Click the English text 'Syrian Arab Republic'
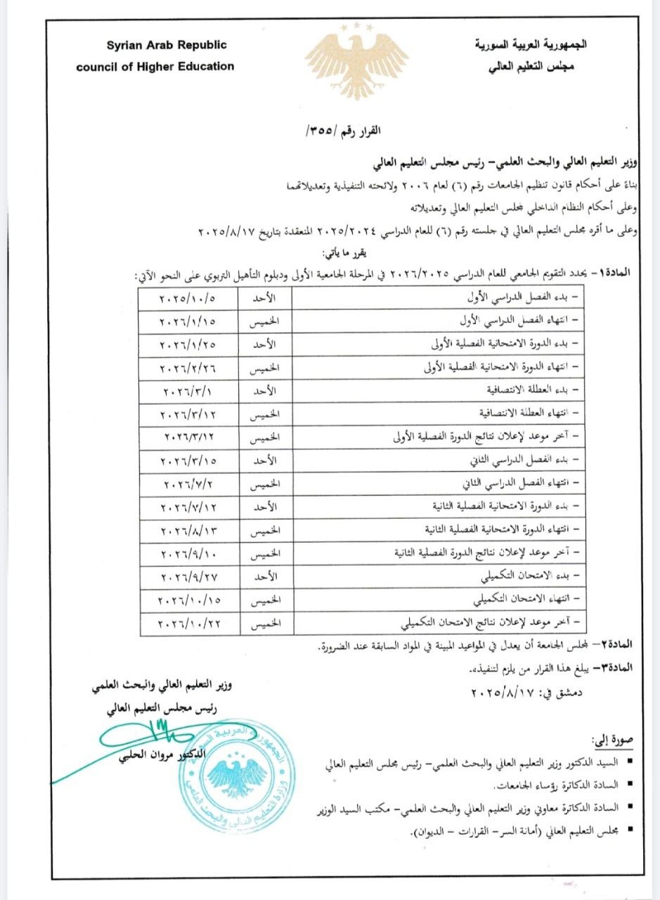coord(167,46)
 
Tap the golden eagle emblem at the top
coord(356,64)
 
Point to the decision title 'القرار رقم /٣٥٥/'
coord(344,131)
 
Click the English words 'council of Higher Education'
coord(155,67)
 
